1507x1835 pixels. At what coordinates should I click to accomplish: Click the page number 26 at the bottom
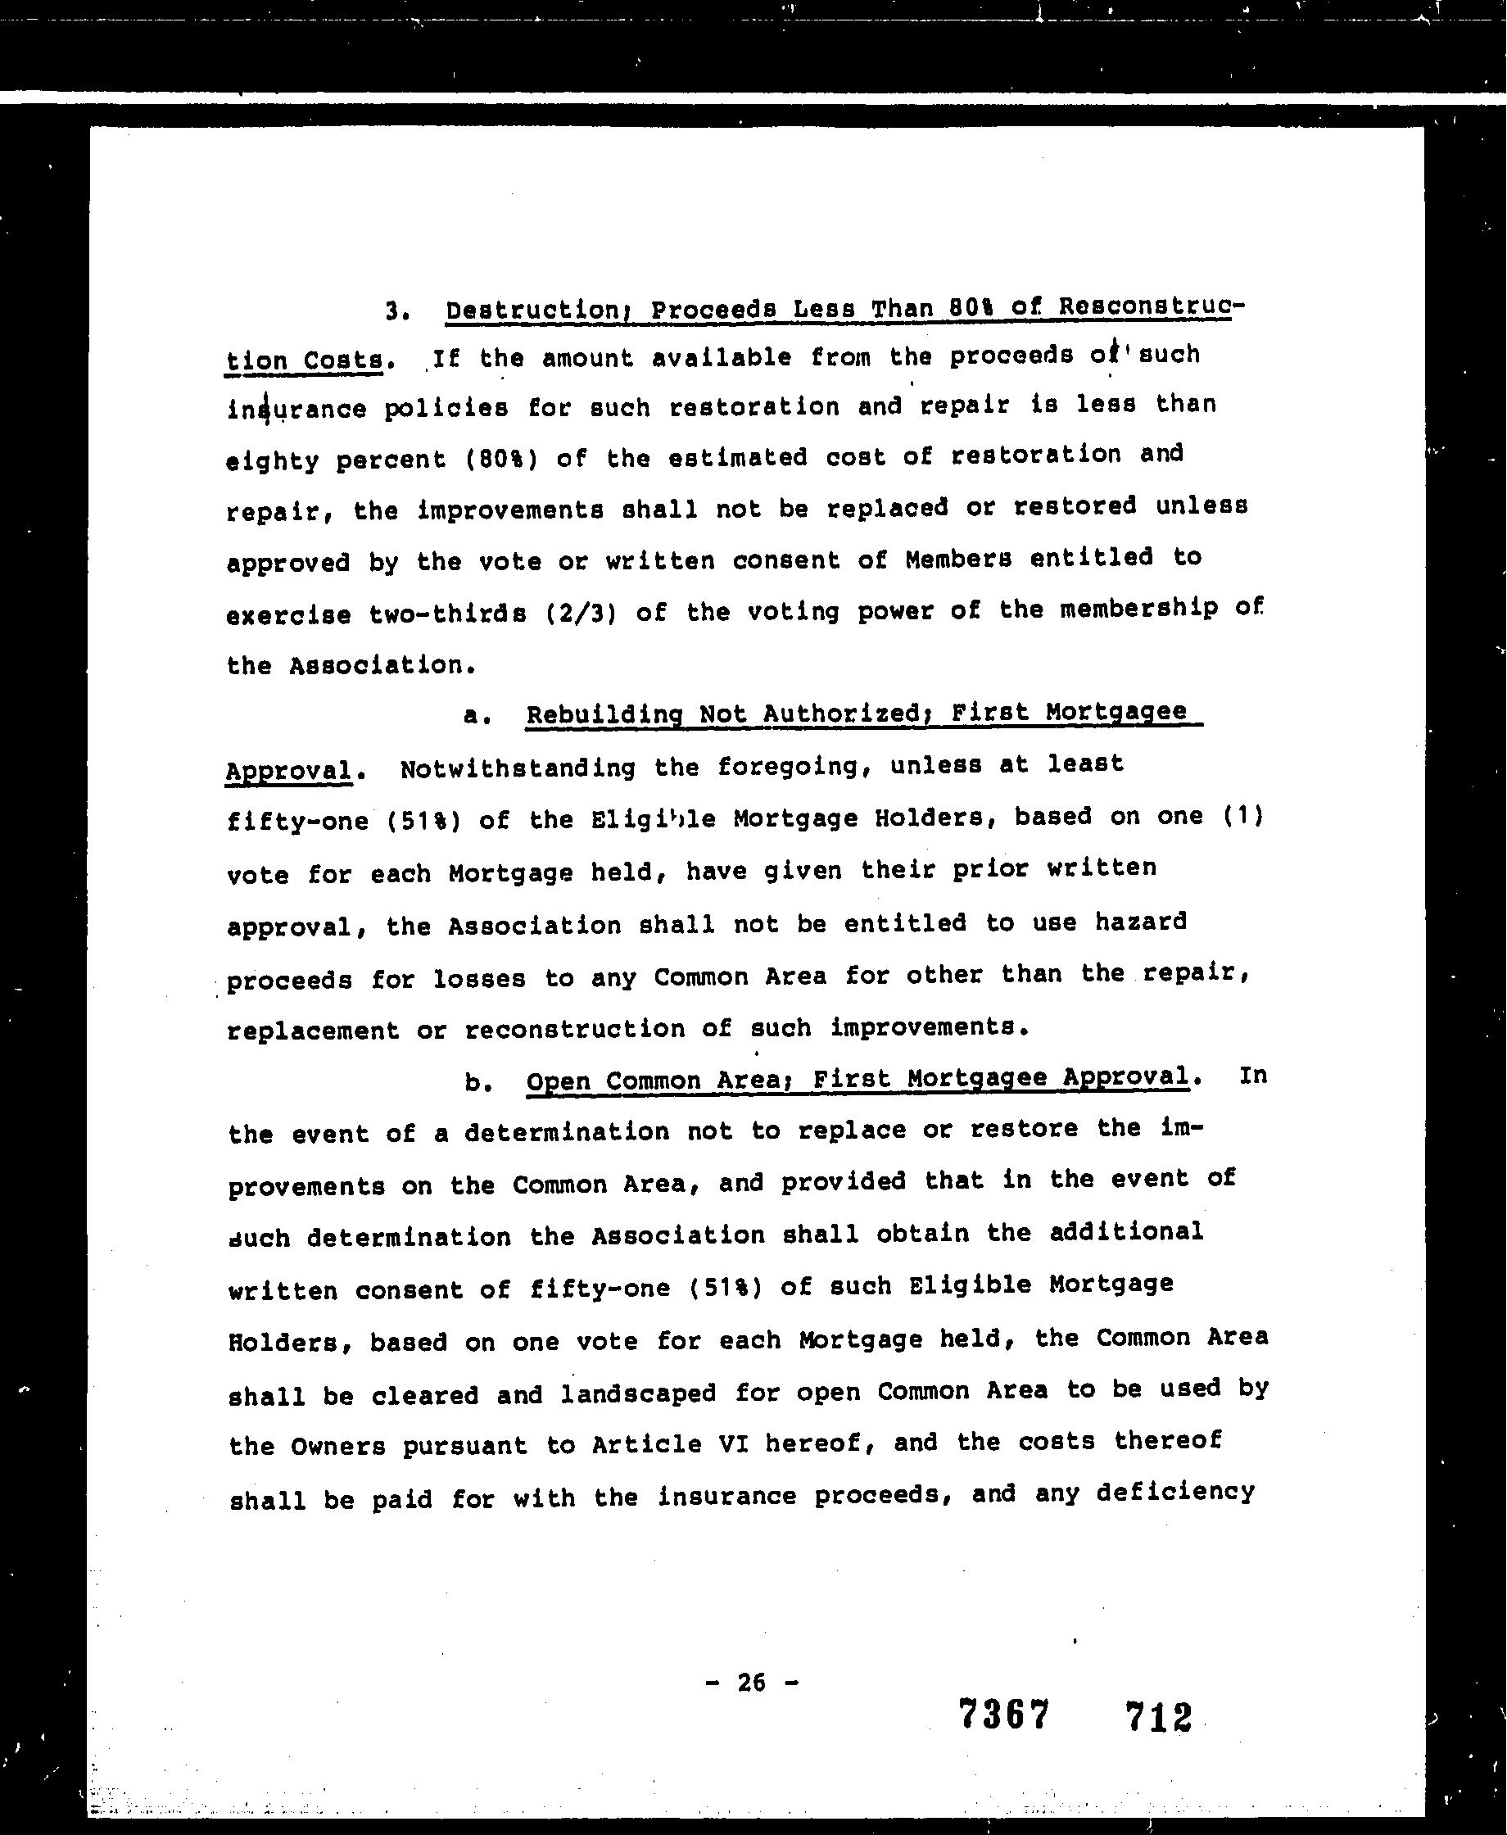pyautogui.click(x=751, y=1683)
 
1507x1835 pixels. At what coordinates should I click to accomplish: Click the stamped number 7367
pyautogui.click(x=1004, y=1715)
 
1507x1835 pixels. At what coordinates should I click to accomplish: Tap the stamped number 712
pyautogui.click(x=1159, y=1717)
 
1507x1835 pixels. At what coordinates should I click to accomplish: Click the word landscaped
pyautogui.click(x=638, y=1393)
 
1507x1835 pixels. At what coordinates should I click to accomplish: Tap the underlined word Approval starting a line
pyautogui.click(x=289, y=771)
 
